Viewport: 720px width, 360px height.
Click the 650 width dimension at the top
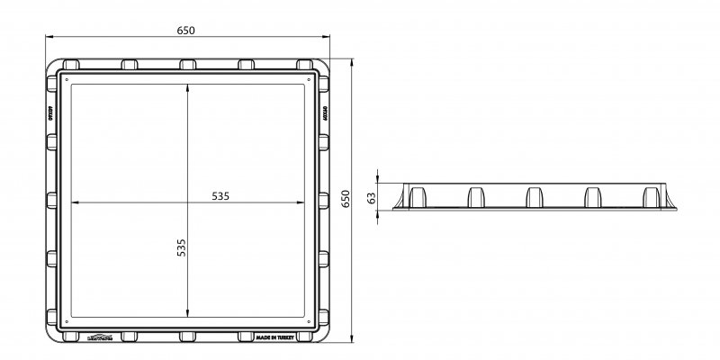(187, 31)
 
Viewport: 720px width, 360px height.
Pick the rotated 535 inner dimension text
(180, 249)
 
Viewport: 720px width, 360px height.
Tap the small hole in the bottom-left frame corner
(66, 321)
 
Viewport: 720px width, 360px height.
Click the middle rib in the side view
(533, 196)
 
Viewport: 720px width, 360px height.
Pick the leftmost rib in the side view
(418, 196)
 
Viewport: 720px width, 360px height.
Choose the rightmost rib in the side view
(650, 196)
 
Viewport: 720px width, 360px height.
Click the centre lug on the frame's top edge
(187, 65)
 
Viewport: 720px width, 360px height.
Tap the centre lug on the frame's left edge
(51, 200)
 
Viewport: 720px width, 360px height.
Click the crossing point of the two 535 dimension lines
(187, 201)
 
